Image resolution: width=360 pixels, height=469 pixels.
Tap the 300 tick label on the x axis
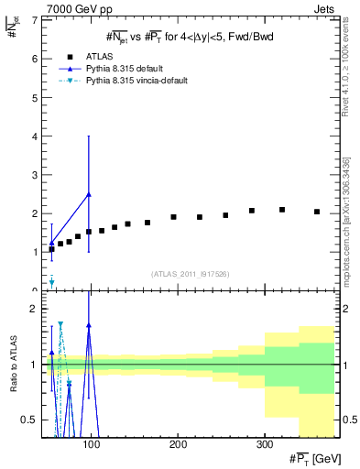coord(264,443)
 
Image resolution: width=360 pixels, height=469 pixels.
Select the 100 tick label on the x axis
coord(90,443)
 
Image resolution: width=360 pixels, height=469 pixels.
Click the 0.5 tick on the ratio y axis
coord(28,420)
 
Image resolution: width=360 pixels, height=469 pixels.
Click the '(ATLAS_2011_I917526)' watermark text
coord(190,274)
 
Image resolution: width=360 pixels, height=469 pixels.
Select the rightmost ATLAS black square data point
coord(317,212)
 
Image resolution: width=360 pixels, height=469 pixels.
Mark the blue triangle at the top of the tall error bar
coord(88,194)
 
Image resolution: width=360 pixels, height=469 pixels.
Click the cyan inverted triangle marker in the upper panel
coord(51,281)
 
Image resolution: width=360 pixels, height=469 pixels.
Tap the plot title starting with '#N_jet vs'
coord(190,37)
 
